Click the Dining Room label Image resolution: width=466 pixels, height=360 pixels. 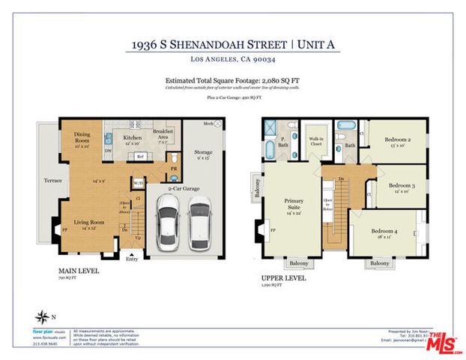82,138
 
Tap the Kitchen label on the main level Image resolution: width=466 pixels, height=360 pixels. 132,138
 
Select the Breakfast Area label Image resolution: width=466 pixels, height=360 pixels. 163,134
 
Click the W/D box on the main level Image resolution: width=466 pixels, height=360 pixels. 138,182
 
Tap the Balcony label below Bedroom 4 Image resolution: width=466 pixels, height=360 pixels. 379,263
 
